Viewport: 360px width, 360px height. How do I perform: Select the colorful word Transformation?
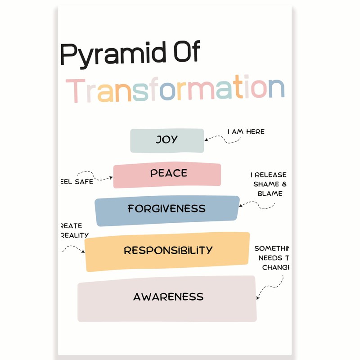click(175, 90)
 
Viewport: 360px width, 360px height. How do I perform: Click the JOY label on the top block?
click(166, 140)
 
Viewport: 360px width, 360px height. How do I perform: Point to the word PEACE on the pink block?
click(169, 173)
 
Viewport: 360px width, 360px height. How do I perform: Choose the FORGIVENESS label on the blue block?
click(166, 209)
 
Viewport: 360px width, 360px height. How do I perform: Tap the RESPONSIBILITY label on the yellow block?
click(168, 250)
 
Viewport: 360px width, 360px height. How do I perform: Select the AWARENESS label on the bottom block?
click(168, 297)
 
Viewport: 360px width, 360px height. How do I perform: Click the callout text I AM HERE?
click(246, 132)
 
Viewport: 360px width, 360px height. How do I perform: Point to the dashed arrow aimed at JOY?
click(225, 139)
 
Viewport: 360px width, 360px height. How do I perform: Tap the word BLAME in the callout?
click(270, 193)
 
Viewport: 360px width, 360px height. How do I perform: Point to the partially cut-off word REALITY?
click(74, 235)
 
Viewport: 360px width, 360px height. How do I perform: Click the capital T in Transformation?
click(78, 90)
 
